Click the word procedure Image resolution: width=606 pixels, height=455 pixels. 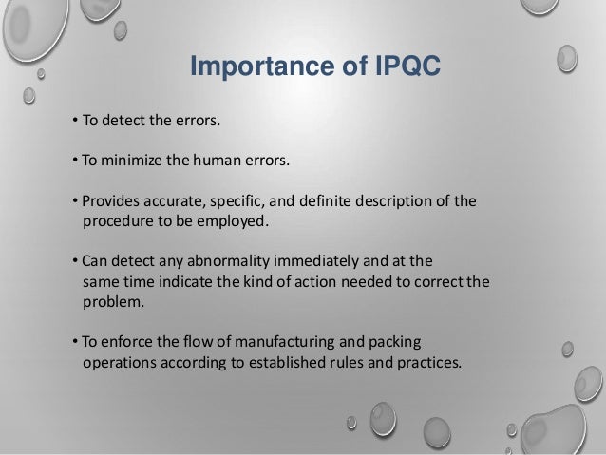click(118, 222)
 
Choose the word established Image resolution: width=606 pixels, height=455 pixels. click(288, 362)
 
